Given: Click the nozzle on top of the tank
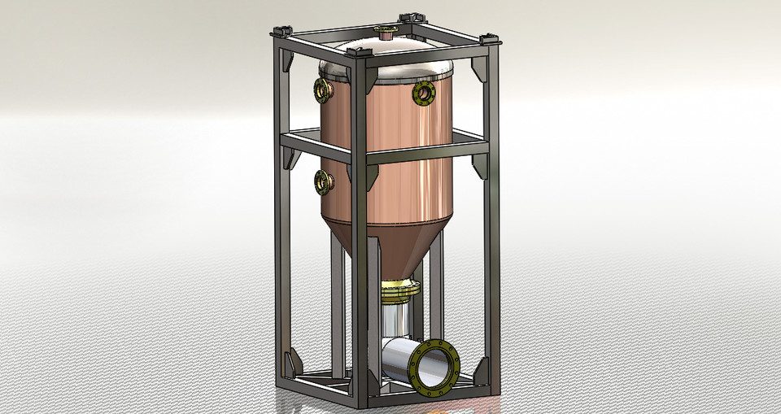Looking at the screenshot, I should [382, 33].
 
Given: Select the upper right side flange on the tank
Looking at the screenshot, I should [424, 94].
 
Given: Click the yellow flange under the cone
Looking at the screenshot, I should [399, 286].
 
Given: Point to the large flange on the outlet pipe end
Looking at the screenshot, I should [435, 368].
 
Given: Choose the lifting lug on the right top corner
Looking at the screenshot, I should [489, 38].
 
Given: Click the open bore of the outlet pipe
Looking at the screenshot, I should [437, 368].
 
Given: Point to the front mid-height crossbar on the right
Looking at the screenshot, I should [427, 151].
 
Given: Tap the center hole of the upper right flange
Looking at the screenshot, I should [425, 94].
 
